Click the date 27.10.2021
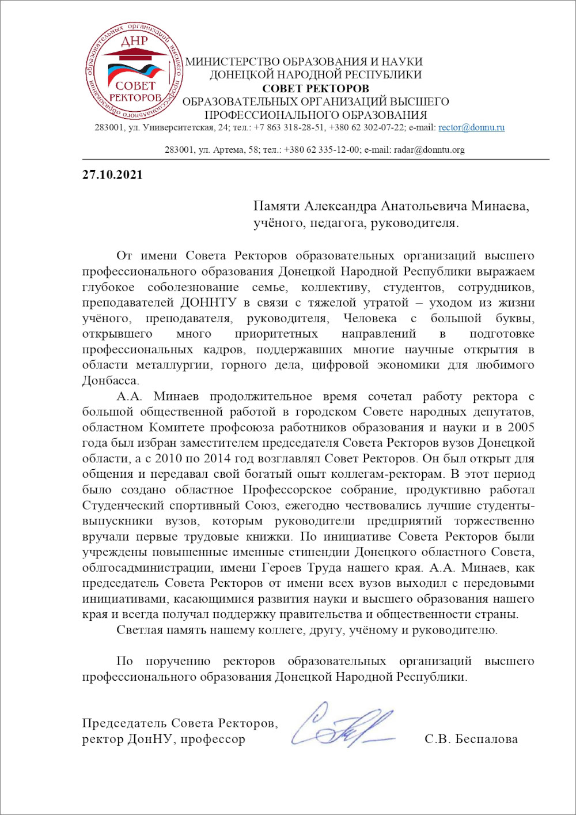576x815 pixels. click(112, 175)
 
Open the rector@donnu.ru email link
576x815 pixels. click(471, 127)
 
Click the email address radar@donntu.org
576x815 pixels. click(429, 150)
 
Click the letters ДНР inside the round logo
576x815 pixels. click(134, 41)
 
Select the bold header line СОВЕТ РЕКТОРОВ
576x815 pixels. click(316, 88)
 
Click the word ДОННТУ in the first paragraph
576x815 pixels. click(207, 303)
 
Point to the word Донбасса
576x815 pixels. click(111, 381)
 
